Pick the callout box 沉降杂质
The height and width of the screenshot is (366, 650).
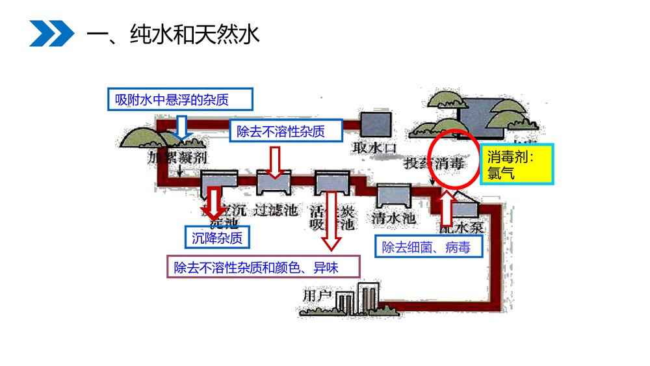click(x=217, y=237)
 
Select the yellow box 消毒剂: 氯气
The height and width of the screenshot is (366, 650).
click(x=517, y=164)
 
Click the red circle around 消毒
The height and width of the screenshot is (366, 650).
click(x=455, y=159)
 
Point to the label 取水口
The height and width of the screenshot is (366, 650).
click(x=374, y=148)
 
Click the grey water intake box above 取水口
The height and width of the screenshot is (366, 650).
click(x=375, y=124)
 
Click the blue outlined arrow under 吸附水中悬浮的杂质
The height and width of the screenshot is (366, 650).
click(x=182, y=128)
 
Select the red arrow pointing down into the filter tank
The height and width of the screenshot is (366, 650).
click(x=276, y=163)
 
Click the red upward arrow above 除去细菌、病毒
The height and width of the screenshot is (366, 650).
click(x=448, y=211)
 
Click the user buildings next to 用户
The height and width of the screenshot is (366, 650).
click(x=356, y=300)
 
